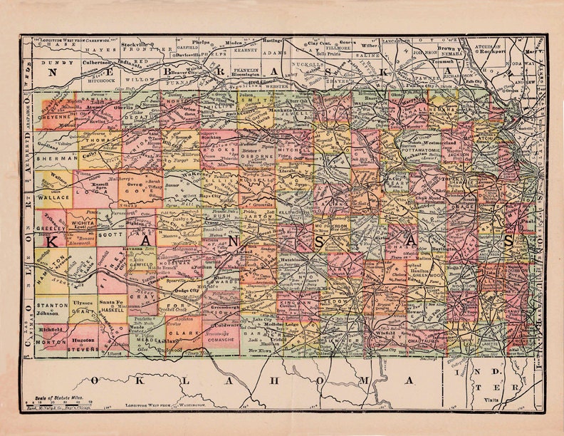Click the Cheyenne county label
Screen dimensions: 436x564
pos(56,119)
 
